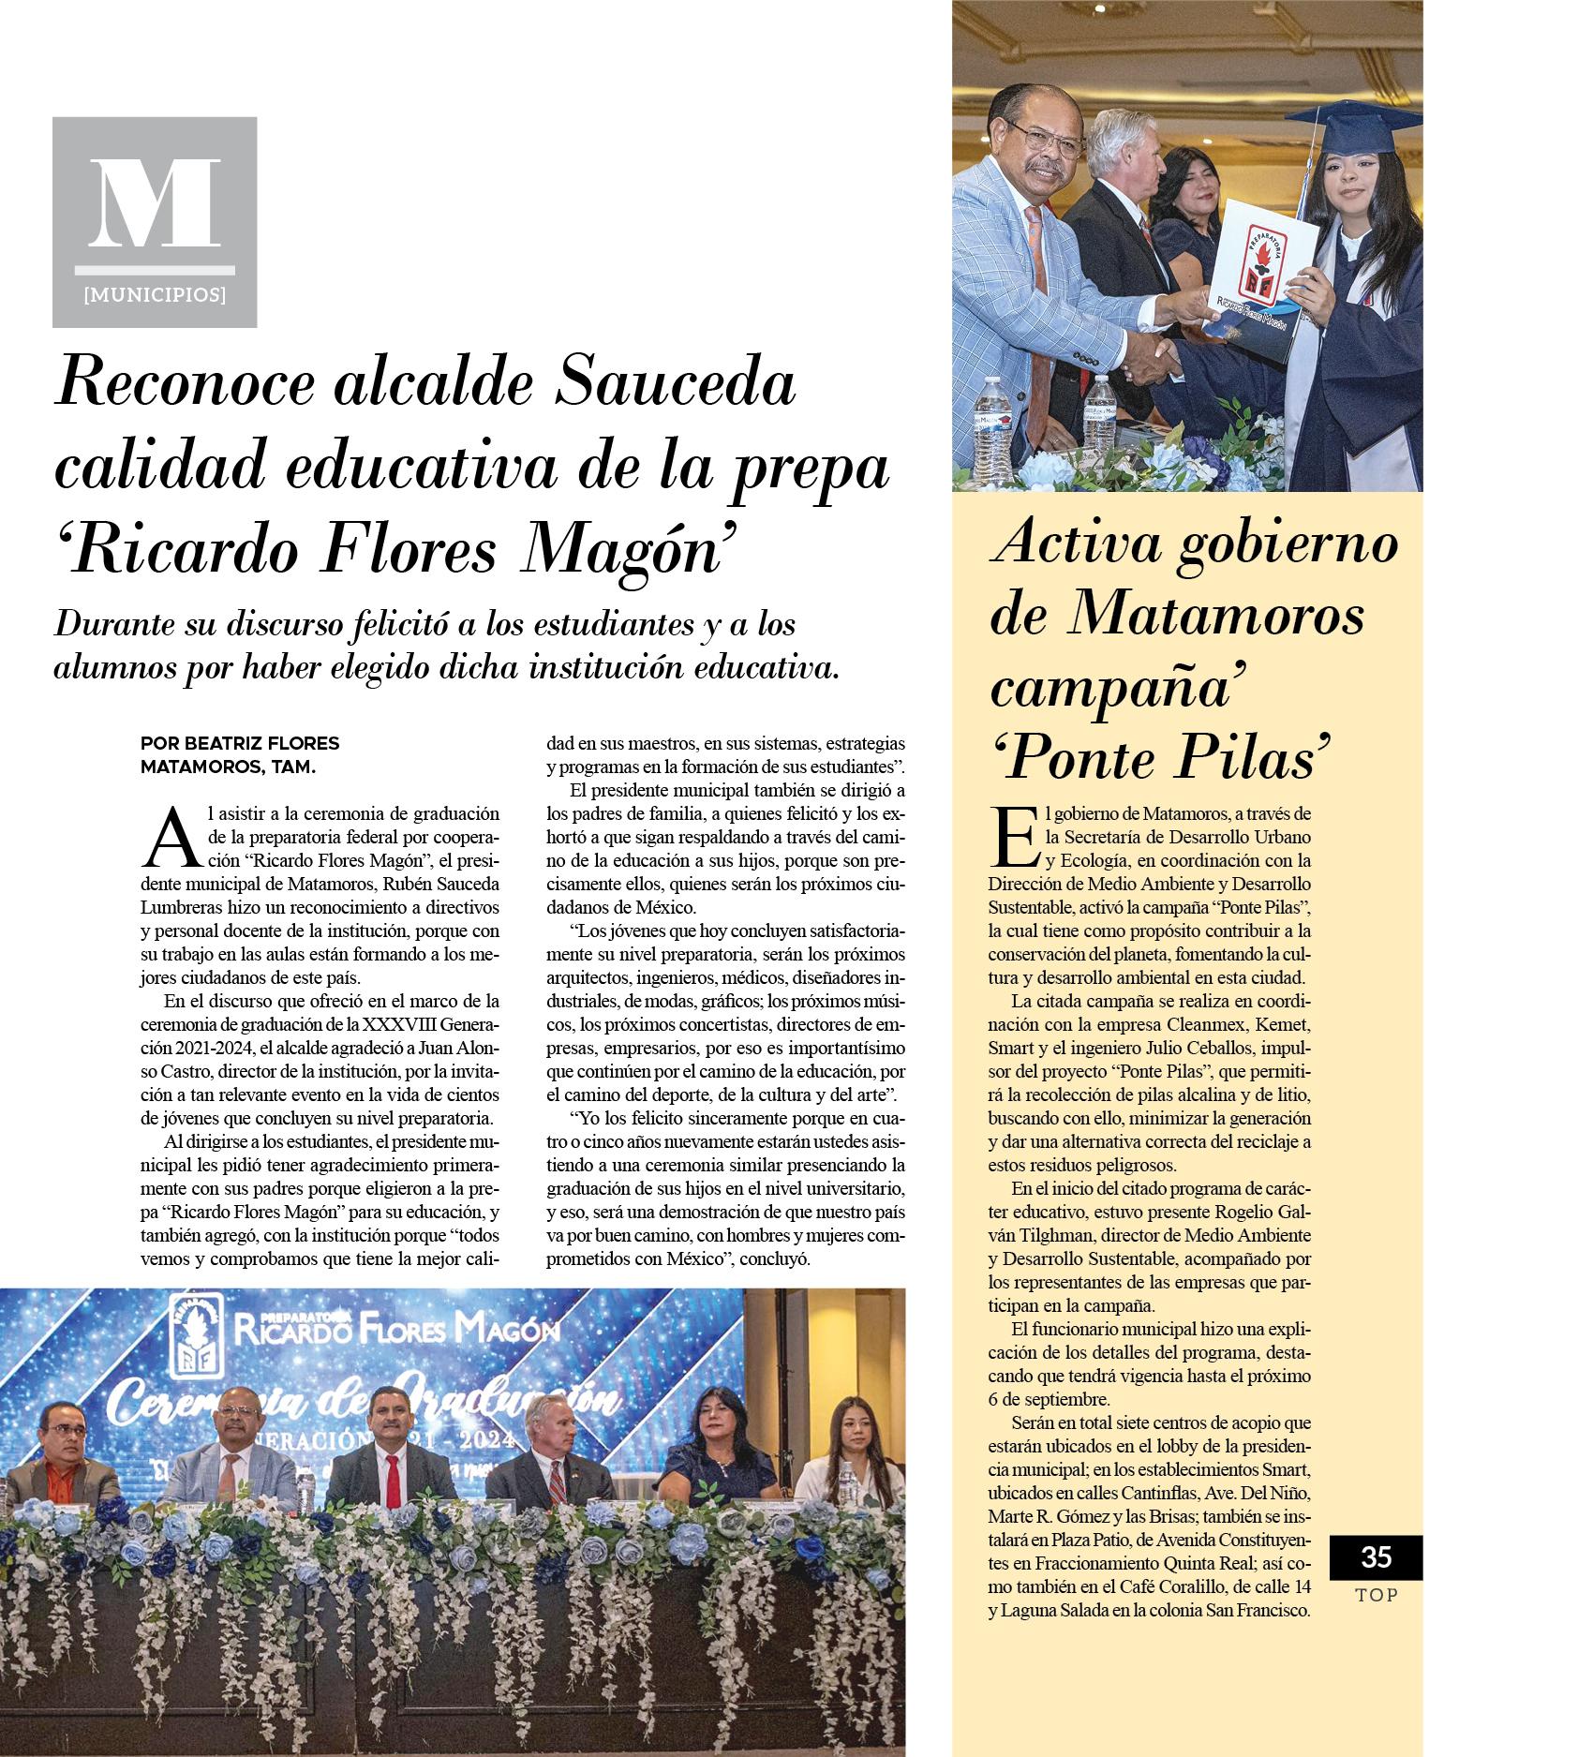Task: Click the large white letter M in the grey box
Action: click(155, 203)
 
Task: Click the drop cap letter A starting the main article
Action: click(171, 839)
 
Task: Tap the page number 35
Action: click(1376, 1556)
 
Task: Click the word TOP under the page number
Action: click(1376, 1595)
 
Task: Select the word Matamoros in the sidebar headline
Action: click(1215, 617)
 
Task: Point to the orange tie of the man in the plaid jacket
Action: click(1036, 281)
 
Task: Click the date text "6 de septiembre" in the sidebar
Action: click(1050, 1400)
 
